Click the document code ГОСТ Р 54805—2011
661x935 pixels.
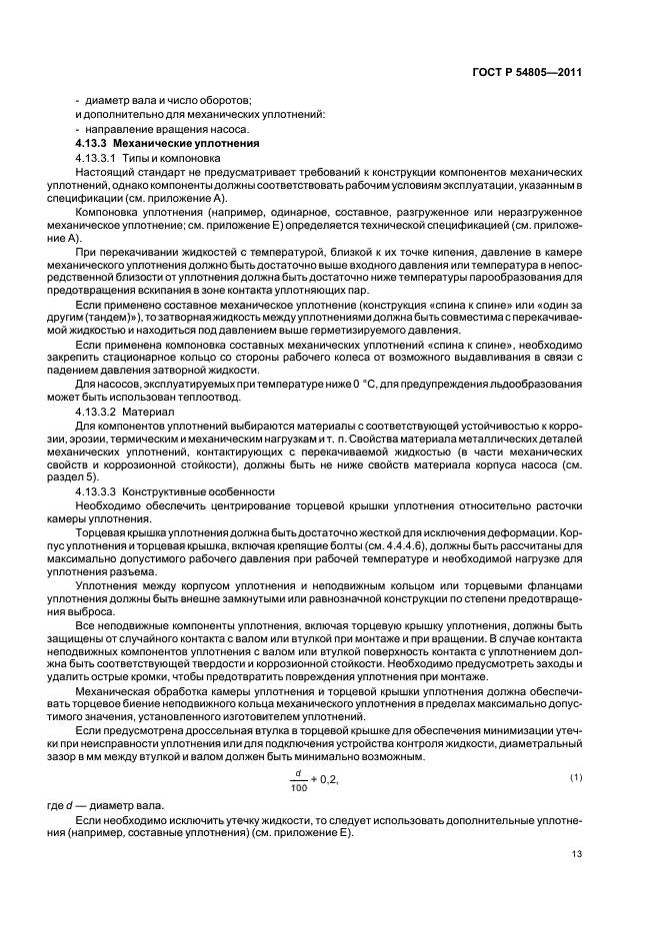tap(526, 73)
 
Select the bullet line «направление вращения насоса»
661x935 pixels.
tap(162, 131)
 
